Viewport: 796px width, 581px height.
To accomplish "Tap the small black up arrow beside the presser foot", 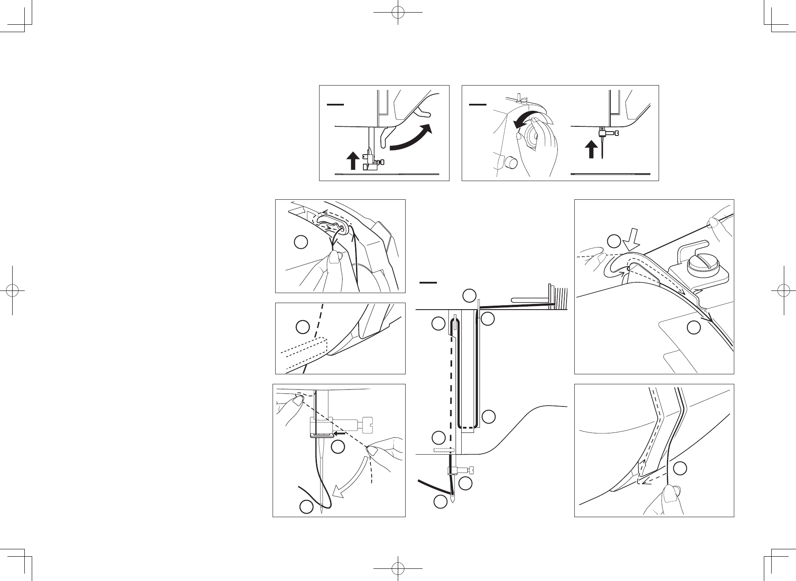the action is [x=353, y=162].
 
